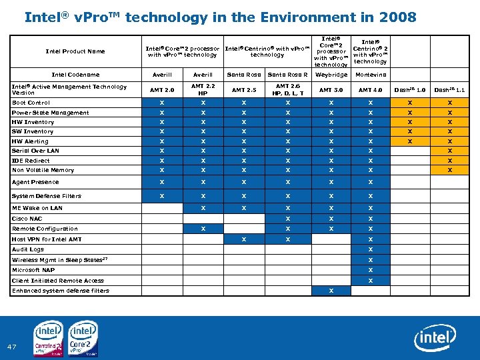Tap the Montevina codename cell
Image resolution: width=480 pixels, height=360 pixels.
click(x=370, y=75)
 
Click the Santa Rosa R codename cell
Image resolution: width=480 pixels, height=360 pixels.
click(x=287, y=75)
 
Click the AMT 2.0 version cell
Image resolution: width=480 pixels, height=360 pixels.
click(x=162, y=90)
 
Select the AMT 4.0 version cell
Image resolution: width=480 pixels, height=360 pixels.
click(x=370, y=90)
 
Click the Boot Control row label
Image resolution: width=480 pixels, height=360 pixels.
click(x=31, y=103)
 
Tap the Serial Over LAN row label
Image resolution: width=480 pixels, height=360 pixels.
click(x=35, y=151)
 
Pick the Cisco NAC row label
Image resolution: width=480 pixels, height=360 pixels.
click(x=27, y=219)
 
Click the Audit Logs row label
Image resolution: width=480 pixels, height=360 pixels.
click(x=28, y=249)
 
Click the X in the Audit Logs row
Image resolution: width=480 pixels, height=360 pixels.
click(x=370, y=249)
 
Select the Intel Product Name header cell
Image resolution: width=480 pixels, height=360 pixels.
click(x=75, y=51)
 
